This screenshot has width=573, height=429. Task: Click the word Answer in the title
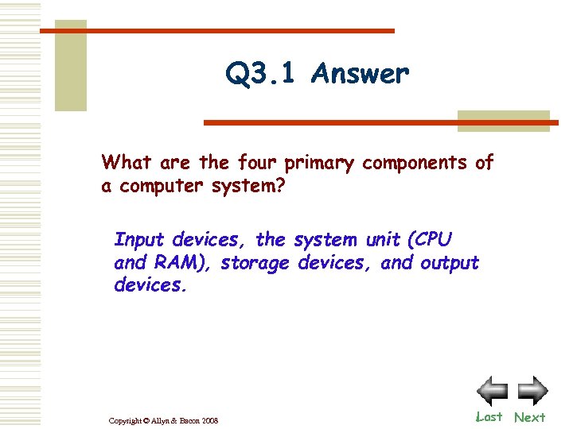361,74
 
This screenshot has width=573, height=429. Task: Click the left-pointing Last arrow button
492,391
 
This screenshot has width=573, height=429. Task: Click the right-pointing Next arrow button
532,391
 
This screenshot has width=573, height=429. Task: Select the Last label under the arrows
489,416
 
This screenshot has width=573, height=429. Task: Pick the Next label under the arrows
529,417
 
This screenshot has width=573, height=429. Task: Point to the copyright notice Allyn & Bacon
162,420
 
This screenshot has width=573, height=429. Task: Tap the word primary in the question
319,164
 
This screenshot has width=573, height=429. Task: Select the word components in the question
415,164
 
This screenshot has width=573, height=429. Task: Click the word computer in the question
159,187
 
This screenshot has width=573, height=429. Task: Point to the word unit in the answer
381,239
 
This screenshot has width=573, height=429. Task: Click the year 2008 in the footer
209,420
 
